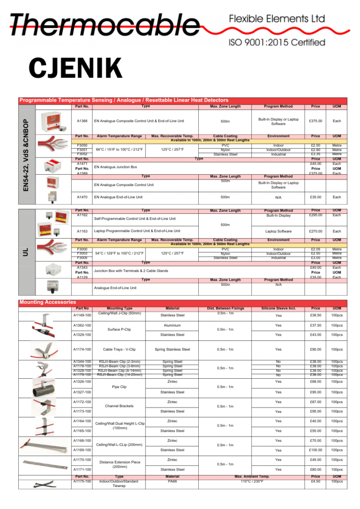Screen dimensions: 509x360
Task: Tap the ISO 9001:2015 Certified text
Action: coord(277,43)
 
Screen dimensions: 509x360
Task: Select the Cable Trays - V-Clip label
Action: coord(119,349)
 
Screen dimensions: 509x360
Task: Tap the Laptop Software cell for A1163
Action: coord(278,231)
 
